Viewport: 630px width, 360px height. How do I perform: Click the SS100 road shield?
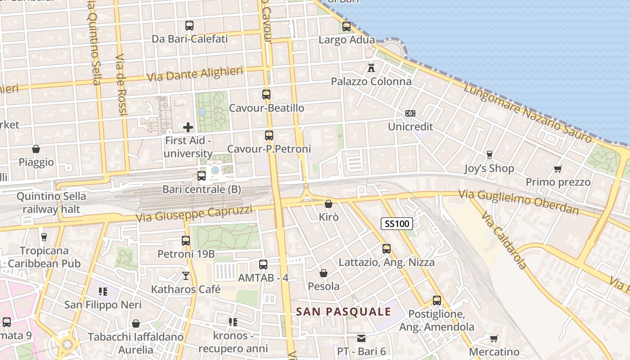pyautogui.click(x=396, y=224)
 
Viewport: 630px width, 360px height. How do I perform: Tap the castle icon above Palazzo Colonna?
pyautogui.click(x=371, y=68)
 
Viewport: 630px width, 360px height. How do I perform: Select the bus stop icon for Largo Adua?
pyautogui.click(x=346, y=27)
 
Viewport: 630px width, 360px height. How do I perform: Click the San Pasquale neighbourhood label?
pyautogui.click(x=343, y=311)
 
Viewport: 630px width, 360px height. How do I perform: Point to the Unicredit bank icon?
pyautogui.click(x=410, y=113)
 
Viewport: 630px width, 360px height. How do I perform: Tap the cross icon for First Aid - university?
pyautogui.click(x=188, y=127)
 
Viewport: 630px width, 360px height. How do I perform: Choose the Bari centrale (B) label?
pyautogui.click(x=202, y=189)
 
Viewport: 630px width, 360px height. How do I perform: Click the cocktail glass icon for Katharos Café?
pyautogui.click(x=186, y=275)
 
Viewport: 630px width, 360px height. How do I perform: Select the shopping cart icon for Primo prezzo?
pyautogui.click(x=558, y=169)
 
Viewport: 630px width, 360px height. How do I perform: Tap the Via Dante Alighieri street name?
pyautogui.click(x=195, y=74)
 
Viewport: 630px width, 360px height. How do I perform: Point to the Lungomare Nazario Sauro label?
pyautogui.click(x=527, y=112)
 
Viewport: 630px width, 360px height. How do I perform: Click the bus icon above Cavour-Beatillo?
pyautogui.click(x=266, y=94)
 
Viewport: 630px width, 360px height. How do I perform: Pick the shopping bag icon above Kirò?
pyautogui.click(x=328, y=204)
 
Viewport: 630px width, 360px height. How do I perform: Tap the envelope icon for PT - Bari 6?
pyautogui.click(x=361, y=338)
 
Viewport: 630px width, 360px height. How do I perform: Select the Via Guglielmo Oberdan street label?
pyautogui.click(x=518, y=202)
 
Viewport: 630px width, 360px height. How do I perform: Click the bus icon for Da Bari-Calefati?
pyautogui.click(x=189, y=26)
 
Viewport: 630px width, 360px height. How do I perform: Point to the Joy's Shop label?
pyautogui.click(x=489, y=169)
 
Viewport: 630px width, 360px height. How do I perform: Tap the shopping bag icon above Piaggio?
pyautogui.click(x=36, y=149)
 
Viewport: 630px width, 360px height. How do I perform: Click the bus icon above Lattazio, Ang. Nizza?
pyautogui.click(x=386, y=248)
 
